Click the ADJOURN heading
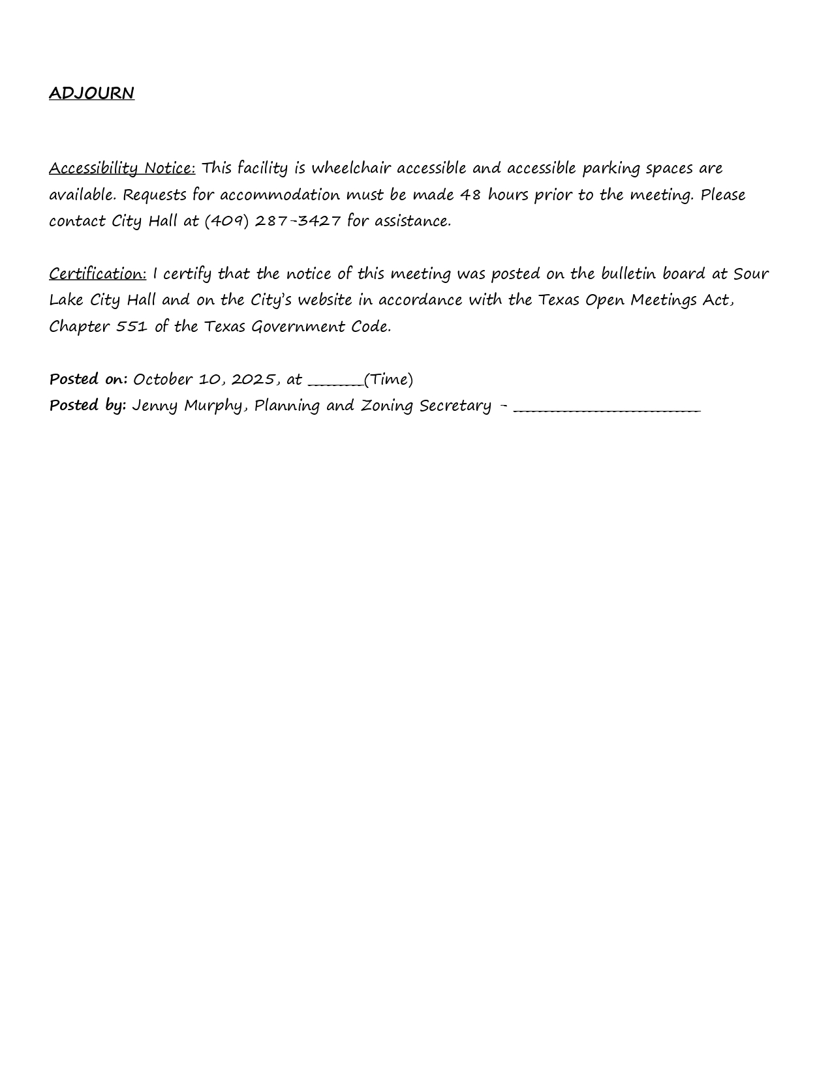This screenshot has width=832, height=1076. pos(91,93)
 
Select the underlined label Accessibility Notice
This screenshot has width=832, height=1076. pos(122,168)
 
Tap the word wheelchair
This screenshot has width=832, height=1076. pos(350,168)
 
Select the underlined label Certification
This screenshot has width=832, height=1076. pos(98,274)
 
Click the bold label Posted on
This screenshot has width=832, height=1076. pos(88,380)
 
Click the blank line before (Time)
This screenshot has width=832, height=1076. pos(335,383)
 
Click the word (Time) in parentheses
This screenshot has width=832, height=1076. pos(389,380)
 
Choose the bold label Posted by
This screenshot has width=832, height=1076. pos(87,406)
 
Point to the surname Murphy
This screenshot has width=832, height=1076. pos(213,406)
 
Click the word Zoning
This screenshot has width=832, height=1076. pos(387,406)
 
